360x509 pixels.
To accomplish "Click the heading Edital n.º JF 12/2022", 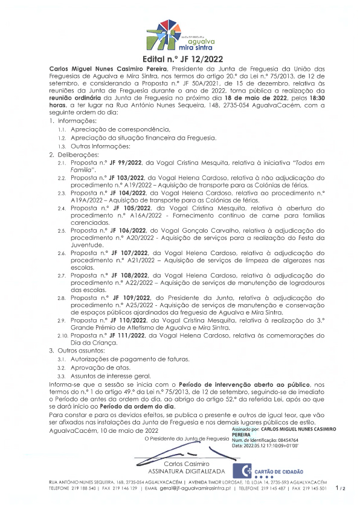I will point(180,60).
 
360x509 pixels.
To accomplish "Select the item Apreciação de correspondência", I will point(121,130).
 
